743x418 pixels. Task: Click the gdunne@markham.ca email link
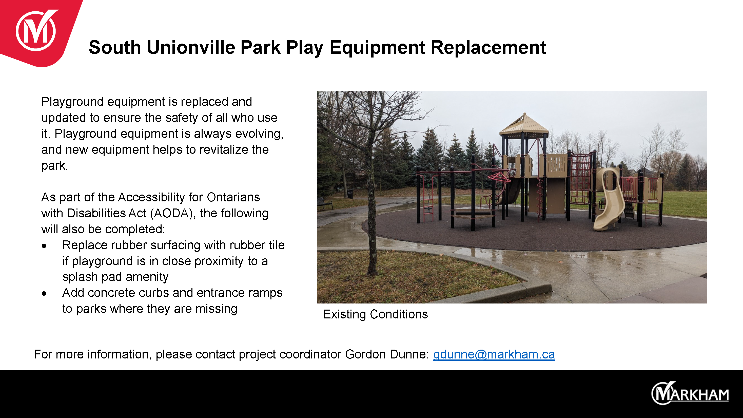(494, 354)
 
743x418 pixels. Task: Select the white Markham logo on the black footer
(690, 393)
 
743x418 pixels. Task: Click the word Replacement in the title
(488, 47)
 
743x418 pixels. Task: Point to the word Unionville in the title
(191, 47)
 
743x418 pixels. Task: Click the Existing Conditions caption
(375, 314)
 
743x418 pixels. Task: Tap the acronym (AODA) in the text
(173, 214)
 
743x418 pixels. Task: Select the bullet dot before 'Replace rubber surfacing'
(44, 246)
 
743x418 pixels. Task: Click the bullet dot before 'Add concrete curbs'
(44, 294)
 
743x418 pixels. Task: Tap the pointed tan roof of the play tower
(524, 124)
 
